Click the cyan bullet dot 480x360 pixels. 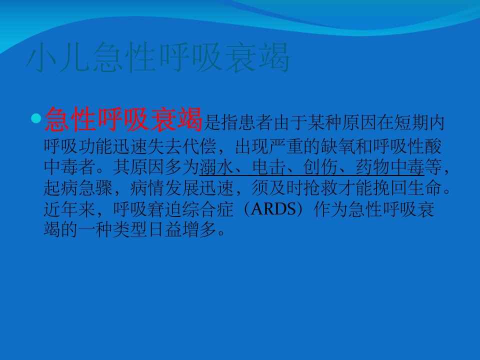[36, 118]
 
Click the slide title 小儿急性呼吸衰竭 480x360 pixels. [157, 57]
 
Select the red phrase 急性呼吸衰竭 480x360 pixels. [123, 119]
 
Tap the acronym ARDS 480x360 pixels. [273, 209]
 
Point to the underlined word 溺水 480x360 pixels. [216, 167]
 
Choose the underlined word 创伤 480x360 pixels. [320, 167]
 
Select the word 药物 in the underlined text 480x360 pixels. [373, 167]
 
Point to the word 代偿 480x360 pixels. [199, 146]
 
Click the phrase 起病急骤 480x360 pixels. [78, 188]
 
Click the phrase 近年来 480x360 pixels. [70, 209]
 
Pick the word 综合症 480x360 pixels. [208, 209]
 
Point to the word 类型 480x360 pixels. [130, 229]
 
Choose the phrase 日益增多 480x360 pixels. [182, 229]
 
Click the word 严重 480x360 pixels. [286, 146]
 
